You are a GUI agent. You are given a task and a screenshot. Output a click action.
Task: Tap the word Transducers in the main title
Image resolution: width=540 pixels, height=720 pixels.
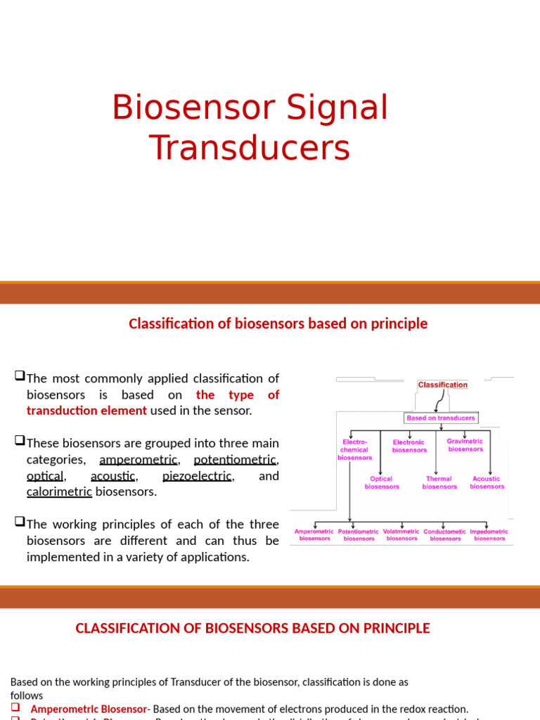250,148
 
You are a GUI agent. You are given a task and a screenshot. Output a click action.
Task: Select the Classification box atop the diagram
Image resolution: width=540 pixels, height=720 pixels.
442,385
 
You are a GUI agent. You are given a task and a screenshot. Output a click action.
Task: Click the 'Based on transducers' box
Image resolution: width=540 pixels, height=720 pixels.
441,418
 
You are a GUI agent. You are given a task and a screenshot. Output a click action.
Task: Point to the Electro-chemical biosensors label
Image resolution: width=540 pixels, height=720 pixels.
354,449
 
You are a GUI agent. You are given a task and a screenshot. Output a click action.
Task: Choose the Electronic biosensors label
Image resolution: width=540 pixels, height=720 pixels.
409,446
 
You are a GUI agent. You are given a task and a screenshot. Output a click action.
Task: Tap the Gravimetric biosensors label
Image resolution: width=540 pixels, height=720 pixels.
465,445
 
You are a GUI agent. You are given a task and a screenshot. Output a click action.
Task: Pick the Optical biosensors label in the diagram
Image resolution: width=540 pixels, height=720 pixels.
381,482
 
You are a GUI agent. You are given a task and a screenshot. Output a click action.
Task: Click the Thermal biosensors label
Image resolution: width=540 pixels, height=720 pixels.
439,482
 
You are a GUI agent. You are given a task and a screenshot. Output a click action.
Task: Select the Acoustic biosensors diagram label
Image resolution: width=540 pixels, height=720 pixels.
487,482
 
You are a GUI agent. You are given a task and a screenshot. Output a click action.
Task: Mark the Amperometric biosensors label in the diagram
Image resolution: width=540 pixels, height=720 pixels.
314,535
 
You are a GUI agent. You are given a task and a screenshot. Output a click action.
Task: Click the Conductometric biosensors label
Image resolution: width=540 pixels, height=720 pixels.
444,535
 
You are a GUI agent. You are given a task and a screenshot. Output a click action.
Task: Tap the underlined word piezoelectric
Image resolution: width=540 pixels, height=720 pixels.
197,476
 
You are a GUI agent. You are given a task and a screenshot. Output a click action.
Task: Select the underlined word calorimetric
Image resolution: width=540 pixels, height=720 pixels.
59,492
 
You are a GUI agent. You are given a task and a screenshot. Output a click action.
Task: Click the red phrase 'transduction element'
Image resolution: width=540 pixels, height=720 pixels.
86,411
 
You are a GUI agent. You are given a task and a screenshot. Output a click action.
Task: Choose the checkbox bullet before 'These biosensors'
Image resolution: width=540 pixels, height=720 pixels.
20,442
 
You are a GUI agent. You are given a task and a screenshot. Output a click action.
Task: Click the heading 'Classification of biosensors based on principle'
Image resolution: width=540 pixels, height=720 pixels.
278,323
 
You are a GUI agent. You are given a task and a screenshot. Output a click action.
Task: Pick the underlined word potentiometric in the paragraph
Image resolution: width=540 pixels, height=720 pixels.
235,460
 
